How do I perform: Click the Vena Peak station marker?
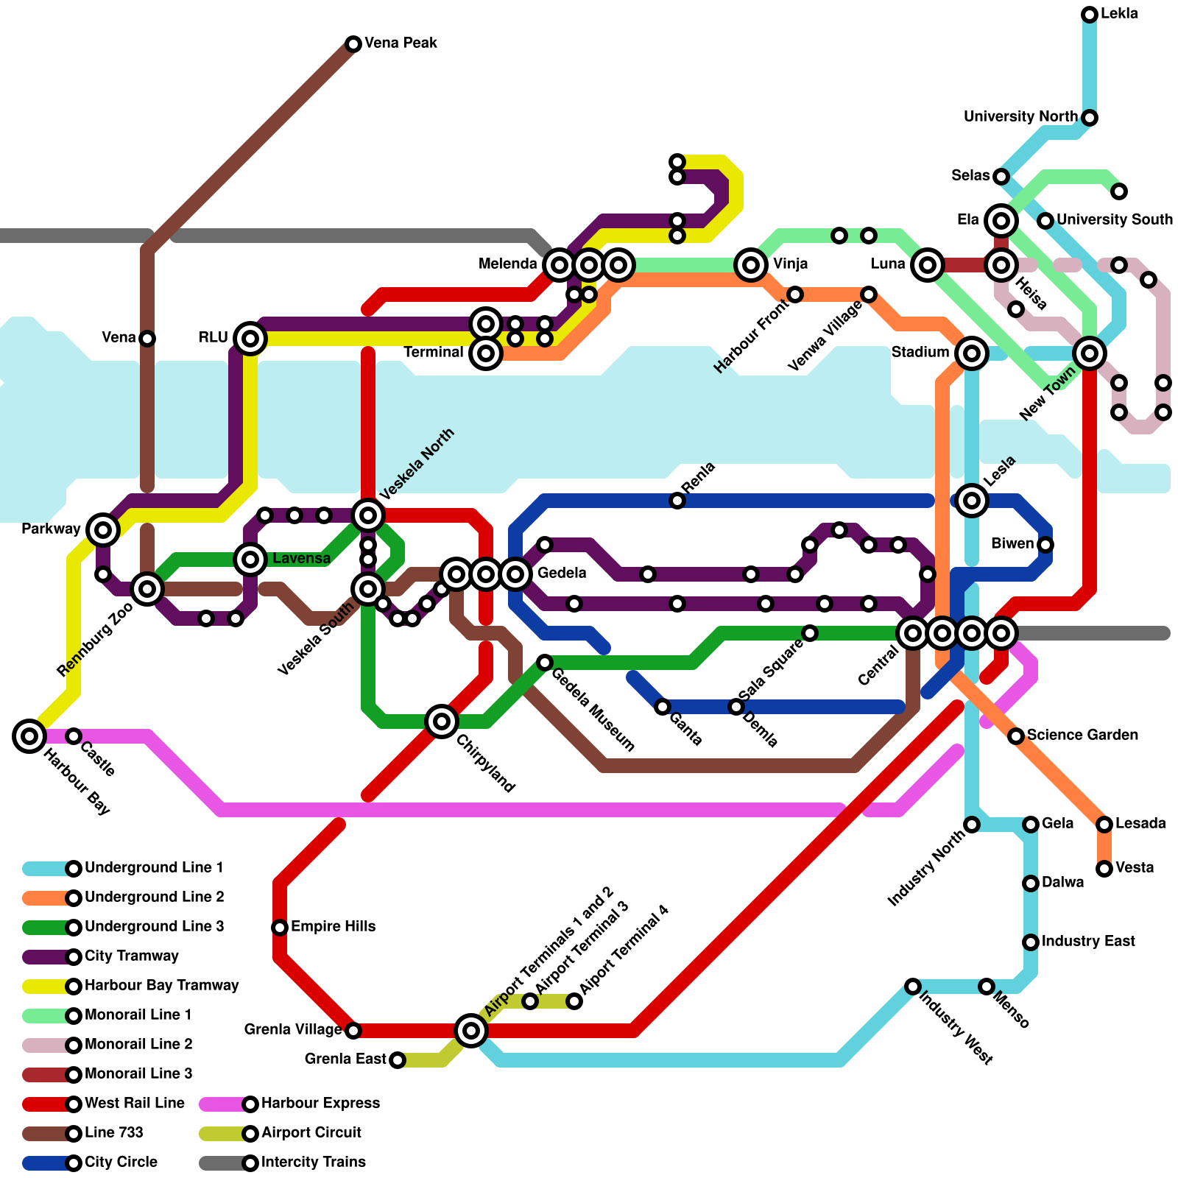click(x=353, y=44)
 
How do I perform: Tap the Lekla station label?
click(x=1119, y=14)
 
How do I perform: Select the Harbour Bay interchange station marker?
click(x=29, y=736)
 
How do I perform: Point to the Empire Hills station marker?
click(x=280, y=927)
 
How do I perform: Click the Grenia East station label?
click(x=345, y=1059)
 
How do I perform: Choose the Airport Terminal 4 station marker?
click(x=574, y=1001)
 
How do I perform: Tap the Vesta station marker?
click(x=1104, y=869)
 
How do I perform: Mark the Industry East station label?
click(x=1088, y=942)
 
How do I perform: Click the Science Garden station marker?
click(x=1016, y=736)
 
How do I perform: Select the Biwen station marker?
click(x=1045, y=545)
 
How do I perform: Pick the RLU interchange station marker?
click(x=250, y=339)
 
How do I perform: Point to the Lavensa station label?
click(x=301, y=559)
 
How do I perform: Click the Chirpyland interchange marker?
click(x=442, y=722)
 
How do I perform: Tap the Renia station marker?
click(x=677, y=501)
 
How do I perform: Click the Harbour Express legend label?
click(x=320, y=1104)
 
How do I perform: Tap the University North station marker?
click(x=1090, y=118)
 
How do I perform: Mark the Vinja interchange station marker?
click(x=751, y=264)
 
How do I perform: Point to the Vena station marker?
click(x=147, y=339)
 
